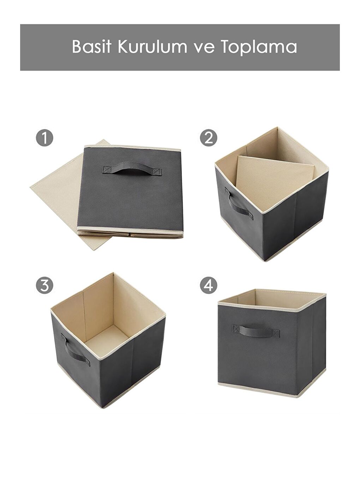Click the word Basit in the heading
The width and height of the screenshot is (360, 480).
tap(91, 47)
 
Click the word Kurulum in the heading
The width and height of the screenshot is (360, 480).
tap(152, 47)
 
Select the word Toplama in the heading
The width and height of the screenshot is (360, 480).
tap(259, 47)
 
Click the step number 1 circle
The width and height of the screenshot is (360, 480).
tap(44, 138)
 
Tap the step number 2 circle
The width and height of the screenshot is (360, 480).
tap(209, 138)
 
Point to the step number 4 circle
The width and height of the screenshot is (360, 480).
tap(209, 285)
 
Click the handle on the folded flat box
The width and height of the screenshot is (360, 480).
tap(132, 170)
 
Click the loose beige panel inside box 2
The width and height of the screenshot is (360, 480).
tap(274, 182)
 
